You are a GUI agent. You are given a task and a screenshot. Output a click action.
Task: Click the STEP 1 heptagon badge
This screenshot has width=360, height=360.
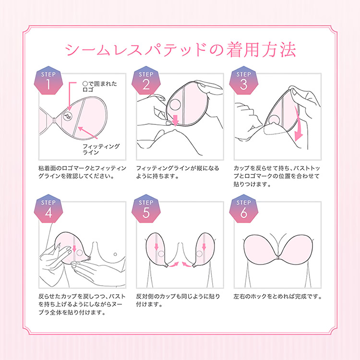point(48,81)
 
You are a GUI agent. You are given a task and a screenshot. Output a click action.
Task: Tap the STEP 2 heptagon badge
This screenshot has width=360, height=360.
point(146,81)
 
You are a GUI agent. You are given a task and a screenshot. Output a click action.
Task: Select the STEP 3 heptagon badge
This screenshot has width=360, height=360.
point(243,81)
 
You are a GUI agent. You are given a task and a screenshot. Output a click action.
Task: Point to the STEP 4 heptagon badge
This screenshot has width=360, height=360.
point(48,209)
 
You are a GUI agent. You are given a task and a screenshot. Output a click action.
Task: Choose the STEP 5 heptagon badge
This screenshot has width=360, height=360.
point(146,209)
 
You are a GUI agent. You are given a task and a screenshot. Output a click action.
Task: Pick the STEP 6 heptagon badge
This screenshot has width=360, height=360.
point(243,209)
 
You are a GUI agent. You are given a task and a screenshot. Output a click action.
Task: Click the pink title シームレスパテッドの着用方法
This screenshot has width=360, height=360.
point(180,49)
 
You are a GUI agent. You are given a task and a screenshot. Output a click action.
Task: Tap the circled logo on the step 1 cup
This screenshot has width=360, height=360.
point(68,117)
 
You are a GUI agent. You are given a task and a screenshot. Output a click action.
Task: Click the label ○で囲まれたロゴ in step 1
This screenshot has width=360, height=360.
point(100,86)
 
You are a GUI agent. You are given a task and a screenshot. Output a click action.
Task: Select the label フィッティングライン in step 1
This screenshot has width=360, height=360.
point(101,149)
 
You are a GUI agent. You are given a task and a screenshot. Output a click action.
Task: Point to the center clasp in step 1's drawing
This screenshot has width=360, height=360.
point(54,120)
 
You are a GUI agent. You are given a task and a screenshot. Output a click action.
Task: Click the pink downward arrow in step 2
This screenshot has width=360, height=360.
point(175,120)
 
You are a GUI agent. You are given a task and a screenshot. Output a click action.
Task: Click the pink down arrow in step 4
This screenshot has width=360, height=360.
point(74,249)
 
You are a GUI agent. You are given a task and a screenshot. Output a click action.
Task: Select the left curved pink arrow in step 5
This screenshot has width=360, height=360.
point(174,264)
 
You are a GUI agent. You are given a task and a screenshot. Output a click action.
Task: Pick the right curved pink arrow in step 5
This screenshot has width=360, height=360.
point(187,264)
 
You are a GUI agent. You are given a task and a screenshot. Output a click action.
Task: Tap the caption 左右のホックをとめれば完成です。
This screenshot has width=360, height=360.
point(277,297)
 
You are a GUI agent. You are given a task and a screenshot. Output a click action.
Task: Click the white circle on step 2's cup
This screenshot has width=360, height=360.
point(175,105)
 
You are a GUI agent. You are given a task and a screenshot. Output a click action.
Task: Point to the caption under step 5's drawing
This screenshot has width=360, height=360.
point(178,300)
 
